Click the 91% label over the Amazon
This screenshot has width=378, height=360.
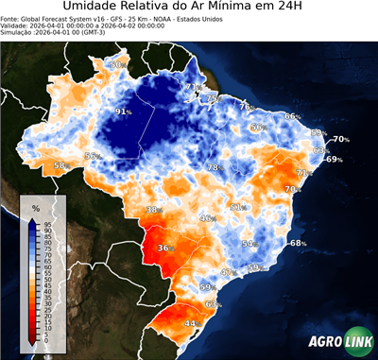click(x=123, y=111)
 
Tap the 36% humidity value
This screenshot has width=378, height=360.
click(x=166, y=249)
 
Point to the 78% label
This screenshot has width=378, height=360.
click(x=215, y=167)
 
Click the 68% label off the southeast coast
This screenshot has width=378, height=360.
click(x=298, y=244)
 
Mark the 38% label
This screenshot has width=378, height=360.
click(x=153, y=210)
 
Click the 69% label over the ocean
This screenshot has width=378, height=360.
click(x=334, y=160)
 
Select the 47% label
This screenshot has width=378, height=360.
click(x=228, y=272)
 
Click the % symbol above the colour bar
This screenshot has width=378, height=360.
click(x=35, y=207)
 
